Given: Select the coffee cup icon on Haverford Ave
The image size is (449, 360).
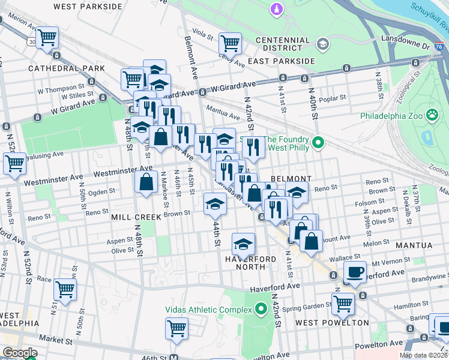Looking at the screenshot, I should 355,271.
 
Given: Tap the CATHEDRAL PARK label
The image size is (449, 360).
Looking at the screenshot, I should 57,68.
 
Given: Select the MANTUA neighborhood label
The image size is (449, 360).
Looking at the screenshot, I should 414,245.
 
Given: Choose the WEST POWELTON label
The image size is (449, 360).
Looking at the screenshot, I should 332,323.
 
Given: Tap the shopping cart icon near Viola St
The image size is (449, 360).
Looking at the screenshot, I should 230,43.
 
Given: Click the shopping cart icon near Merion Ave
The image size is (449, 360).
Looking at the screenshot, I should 47,37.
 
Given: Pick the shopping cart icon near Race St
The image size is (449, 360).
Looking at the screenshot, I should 65,289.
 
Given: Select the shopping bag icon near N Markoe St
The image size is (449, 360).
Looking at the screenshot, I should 146,181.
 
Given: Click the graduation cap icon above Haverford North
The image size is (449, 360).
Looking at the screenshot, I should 243,244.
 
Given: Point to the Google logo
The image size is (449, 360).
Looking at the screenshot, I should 20,353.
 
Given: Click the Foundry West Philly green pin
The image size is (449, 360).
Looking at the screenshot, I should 319,142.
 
